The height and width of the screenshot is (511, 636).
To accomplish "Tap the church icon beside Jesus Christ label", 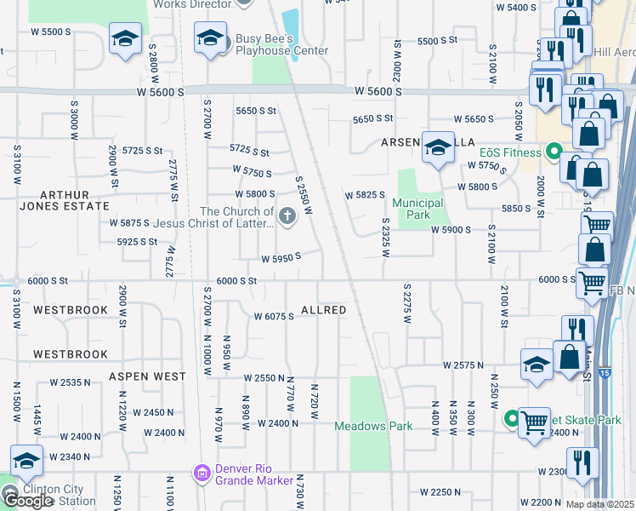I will pyautogui.click(x=287, y=216).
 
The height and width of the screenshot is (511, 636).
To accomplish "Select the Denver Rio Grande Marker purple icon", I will pyautogui.click(x=202, y=472).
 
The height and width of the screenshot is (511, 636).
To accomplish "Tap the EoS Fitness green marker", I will pyautogui.click(x=554, y=153).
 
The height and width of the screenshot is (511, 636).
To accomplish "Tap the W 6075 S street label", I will pyautogui.click(x=274, y=316).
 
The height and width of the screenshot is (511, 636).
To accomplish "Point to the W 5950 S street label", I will pyautogui.click(x=281, y=257).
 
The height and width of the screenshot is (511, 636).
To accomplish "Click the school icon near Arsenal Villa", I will pyautogui.click(x=438, y=148).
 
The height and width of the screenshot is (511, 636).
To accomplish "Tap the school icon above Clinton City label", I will pyautogui.click(x=27, y=461).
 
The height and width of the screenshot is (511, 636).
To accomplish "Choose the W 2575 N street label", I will pyautogui.click(x=463, y=365).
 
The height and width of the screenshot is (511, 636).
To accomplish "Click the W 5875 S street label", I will pyautogui.click(x=130, y=223).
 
